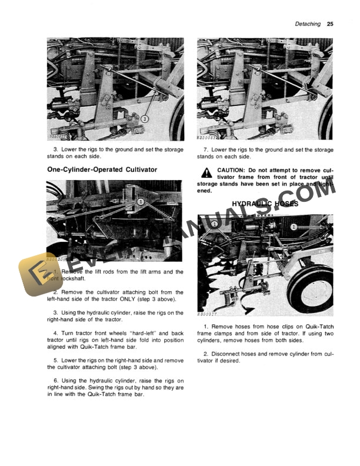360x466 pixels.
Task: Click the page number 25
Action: click(x=330, y=24)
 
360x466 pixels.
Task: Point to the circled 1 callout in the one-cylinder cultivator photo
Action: click(x=141, y=201)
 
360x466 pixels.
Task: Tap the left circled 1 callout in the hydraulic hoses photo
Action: click(x=215, y=225)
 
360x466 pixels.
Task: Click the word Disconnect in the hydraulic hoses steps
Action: click(x=226, y=353)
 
